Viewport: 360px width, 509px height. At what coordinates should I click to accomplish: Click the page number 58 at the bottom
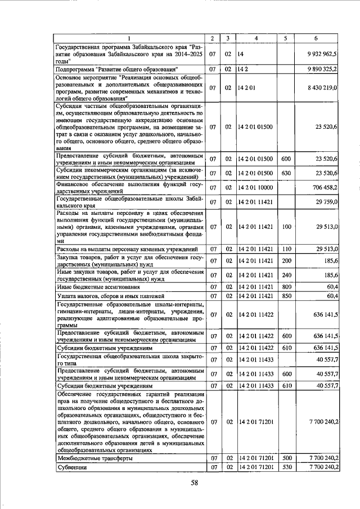tap(195, 482)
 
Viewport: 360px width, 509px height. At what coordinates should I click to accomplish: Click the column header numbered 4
tap(256, 38)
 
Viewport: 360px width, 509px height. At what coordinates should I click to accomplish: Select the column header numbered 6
tap(316, 38)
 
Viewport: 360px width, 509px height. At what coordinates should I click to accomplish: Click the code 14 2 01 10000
tap(256, 187)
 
